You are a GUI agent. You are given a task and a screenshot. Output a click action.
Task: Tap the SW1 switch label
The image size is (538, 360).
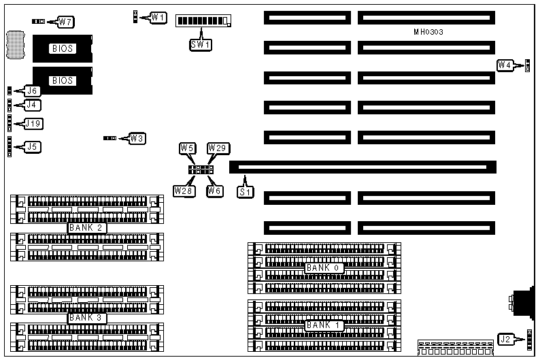click(x=200, y=45)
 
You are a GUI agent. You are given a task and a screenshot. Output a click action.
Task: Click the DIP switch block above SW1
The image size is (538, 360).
click(x=203, y=20)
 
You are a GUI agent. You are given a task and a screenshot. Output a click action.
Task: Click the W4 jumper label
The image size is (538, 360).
click(x=505, y=65)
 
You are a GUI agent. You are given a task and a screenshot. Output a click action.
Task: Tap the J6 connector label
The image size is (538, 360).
click(x=31, y=91)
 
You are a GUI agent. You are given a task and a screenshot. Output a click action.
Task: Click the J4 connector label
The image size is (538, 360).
click(x=31, y=105)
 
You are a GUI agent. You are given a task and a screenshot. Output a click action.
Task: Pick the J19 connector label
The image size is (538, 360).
click(x=33, y=124)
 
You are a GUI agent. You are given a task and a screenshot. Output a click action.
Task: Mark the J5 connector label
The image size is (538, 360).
click(x=31, y=146)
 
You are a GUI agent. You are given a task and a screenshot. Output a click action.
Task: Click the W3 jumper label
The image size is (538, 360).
click(x=137, y=138)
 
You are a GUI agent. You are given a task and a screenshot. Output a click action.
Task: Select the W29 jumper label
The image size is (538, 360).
click(x=216, y=148)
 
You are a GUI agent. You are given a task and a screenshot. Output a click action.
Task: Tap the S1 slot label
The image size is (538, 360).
click(x=245, y=192)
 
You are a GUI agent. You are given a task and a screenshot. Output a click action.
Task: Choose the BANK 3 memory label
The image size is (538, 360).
click(x=88, y=317)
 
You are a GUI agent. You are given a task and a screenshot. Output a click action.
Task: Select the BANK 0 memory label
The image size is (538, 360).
click(x=322, y=267)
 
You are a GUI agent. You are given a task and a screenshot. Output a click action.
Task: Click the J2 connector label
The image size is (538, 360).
click(x=505, y=339)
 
